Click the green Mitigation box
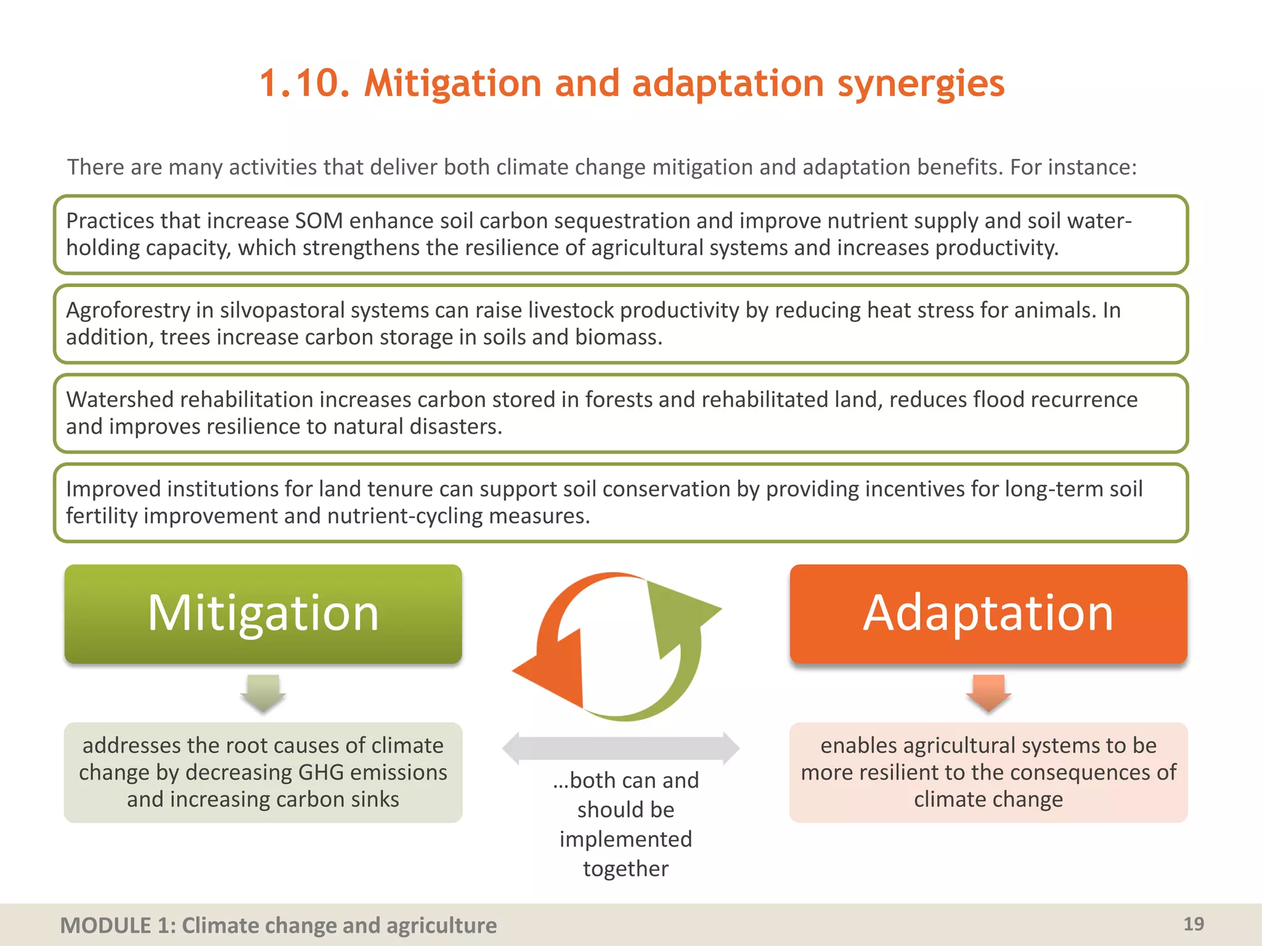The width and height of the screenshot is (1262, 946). click(x=263, y=613)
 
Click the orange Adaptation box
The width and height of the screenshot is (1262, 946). click(x=988, y=613)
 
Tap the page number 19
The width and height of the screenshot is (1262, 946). click(x=1194, y=924)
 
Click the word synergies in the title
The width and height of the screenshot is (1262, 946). click(x=921, y=84)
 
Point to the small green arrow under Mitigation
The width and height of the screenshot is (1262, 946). click(x=263, y=693)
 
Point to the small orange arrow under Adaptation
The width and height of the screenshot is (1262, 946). click(x=988, y=693)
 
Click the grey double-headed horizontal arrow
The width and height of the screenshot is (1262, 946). click(x=621, y=748)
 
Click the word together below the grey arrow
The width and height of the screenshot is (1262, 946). click(x=625, y=868)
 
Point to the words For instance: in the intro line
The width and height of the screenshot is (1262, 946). click(x=1073, y=168)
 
